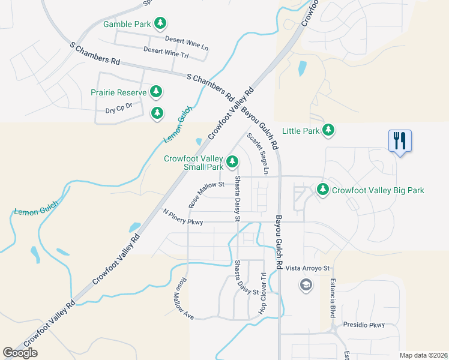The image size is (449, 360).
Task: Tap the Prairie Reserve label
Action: coord(118,93)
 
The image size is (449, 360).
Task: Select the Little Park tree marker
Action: coord(328,130)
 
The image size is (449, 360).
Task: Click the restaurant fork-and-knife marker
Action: coord(400,141)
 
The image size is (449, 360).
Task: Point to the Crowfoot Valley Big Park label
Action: coord(378,190)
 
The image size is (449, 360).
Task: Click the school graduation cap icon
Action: coord(306,284)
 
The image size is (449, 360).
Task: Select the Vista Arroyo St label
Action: coord(308,268)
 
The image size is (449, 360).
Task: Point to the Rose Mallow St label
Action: coord(206,195)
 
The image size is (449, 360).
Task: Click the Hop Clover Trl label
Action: coord(262,293)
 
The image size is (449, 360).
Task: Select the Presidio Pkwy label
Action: coord(363,325)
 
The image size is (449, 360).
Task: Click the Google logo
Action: coord(20,353)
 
